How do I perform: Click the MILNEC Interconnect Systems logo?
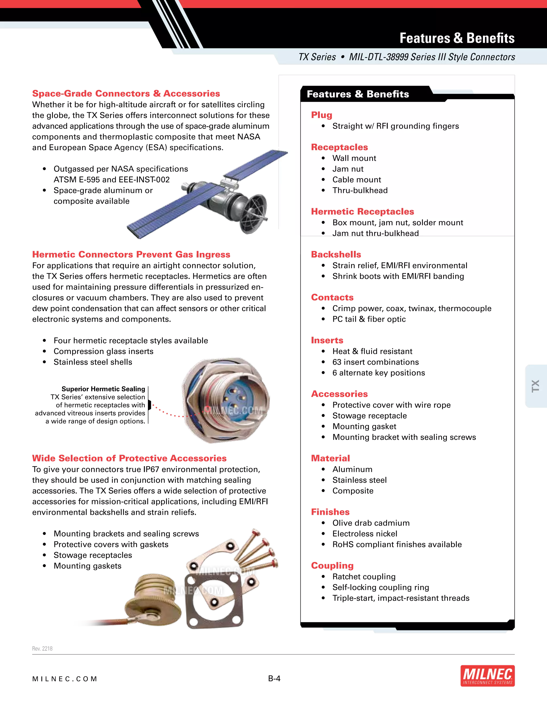pos(487,676)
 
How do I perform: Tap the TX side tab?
pos(535,386)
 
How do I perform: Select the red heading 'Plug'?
pos(322,115)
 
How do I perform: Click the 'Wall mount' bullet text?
pos(354,158)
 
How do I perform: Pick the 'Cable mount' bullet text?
pos(357,180)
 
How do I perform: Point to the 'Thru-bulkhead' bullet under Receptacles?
pos(360,190)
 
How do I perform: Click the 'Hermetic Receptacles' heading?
pos(362,212)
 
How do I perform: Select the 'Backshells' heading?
pos(336,254)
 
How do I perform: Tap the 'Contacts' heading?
pos(333,297)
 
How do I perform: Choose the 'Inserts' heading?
pos(327,340)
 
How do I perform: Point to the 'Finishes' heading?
pos(330,512)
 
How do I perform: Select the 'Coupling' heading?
pos(333,566)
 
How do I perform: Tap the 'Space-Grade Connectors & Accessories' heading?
pos(126,94)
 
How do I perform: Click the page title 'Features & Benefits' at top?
pos(457,38)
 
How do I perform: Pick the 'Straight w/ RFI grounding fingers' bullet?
pos(395,126)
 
